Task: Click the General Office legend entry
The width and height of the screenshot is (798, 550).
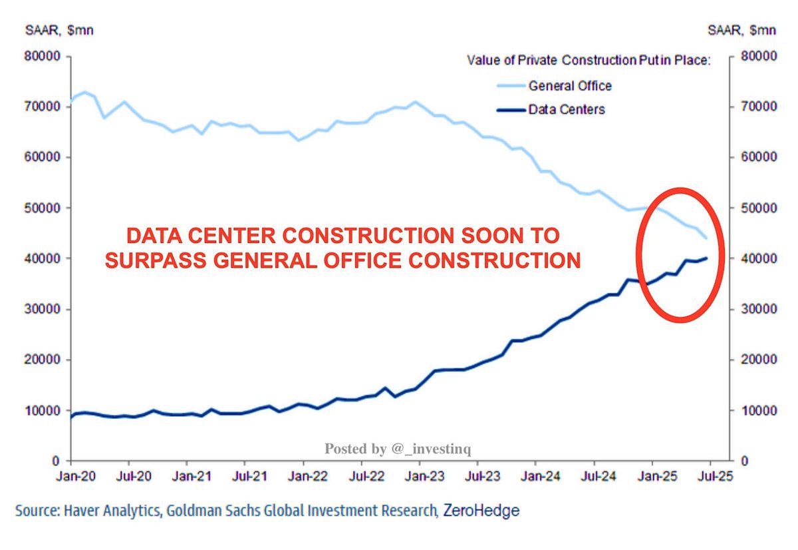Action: pos(570,86)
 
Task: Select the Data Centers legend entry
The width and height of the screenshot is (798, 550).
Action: pos(567,109)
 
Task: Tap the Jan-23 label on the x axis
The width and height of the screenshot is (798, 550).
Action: pos(420,477)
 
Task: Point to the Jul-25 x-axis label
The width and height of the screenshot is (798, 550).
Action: pos(710,477)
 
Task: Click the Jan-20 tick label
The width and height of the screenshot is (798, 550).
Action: pos(70,477)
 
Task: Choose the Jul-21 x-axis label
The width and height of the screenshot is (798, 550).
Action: pos(245,477)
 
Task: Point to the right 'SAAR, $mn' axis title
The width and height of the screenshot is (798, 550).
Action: pos(741,31)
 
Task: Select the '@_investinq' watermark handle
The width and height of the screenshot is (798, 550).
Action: pos(432,449)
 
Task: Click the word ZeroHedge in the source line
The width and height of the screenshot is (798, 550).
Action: pos(481,511)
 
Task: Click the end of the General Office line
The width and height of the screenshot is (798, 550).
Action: pos(706,238)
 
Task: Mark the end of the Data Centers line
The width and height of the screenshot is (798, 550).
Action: pos(706,258)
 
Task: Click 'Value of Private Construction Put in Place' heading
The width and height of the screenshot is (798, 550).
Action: pos(589,61)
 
